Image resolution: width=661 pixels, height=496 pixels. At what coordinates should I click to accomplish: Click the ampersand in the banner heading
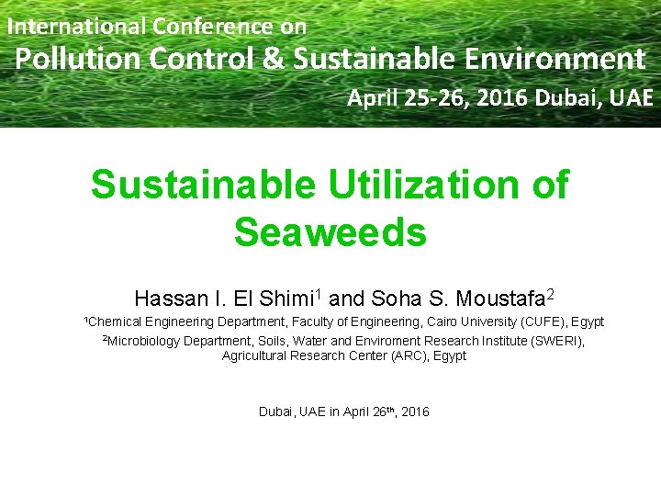coord(273,60)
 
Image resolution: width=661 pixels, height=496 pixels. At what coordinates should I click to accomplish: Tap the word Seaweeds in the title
coord(330,232)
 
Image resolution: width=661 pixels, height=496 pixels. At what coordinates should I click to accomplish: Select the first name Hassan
coord(168,299)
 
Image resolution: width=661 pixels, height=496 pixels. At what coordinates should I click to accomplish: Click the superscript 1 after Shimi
coord(317,294)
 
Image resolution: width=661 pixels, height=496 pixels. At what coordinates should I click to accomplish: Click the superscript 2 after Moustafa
coord(550,294)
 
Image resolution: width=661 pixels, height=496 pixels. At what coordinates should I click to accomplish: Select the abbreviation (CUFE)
coord(543,322)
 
